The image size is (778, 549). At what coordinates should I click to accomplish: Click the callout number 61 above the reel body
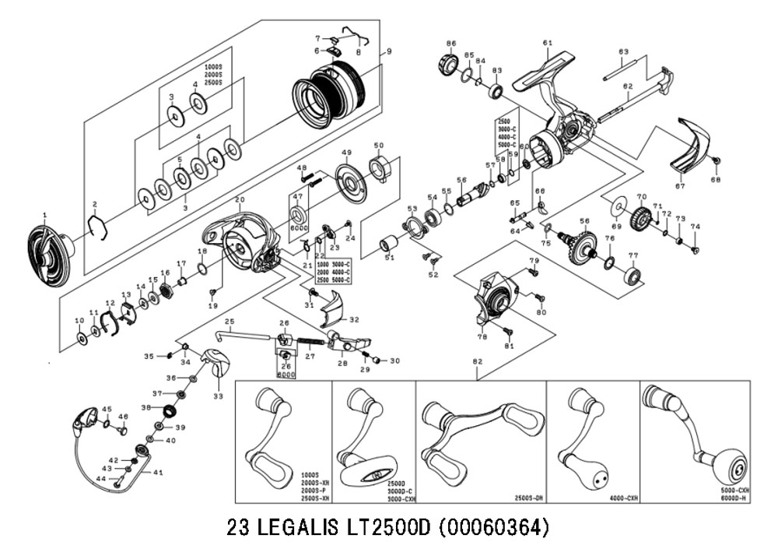point(547,42)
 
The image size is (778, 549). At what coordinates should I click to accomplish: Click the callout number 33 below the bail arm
point(218,396)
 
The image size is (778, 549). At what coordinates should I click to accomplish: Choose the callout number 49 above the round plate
point(347,153)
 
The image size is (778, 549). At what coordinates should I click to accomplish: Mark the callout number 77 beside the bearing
point(633,255)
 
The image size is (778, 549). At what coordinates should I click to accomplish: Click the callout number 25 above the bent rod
point(230,322)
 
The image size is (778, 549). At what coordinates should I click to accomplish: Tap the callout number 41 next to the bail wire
point(158,473)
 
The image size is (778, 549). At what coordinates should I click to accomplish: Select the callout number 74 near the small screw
point(696,227)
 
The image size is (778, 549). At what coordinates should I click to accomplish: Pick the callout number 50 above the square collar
point(379,146)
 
